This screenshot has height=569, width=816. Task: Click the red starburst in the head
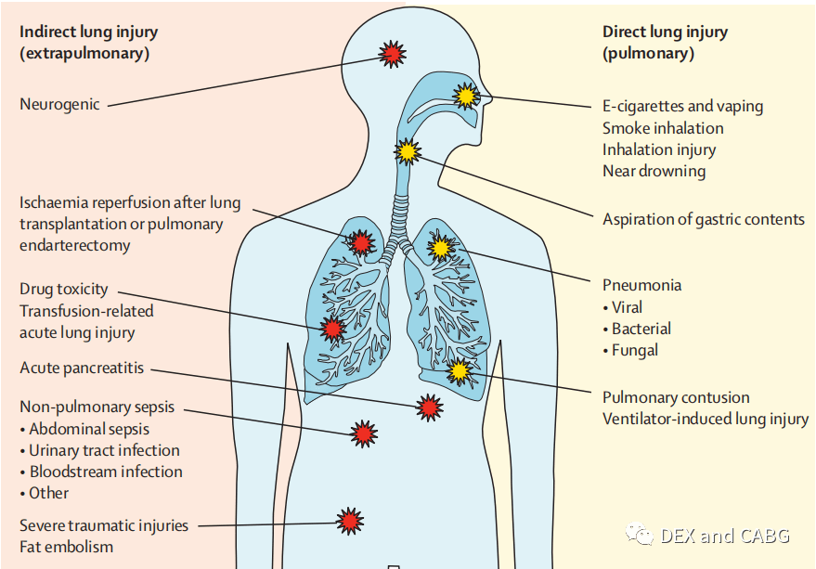click(392, 54)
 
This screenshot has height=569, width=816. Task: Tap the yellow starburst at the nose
click(466, 96)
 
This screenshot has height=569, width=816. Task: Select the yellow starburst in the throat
click(408, 152)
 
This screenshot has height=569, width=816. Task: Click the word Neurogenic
click(59, 105)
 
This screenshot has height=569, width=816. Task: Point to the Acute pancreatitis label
click(82, 369)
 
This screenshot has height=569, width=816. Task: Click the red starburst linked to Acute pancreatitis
click(429, 407)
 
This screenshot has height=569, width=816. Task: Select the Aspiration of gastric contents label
click(704, 220)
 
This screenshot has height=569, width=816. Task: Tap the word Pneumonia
click(641, 285)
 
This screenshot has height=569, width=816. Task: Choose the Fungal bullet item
click(630, 351)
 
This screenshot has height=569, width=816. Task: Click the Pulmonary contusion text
click(676, 397)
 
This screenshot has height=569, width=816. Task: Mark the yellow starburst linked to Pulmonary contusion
click(459, 371)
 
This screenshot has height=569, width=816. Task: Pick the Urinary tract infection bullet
click(100, 450)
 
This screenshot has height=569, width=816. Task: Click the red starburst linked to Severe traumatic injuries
click(350, 521)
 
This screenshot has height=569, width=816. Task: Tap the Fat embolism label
click(66, 547)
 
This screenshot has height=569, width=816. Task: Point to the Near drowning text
click(654, 172)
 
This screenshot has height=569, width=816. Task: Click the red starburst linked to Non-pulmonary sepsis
click(364, 433)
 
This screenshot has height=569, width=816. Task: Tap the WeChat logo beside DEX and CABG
click(640, 534)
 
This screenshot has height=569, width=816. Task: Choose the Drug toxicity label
click(63, 290)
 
